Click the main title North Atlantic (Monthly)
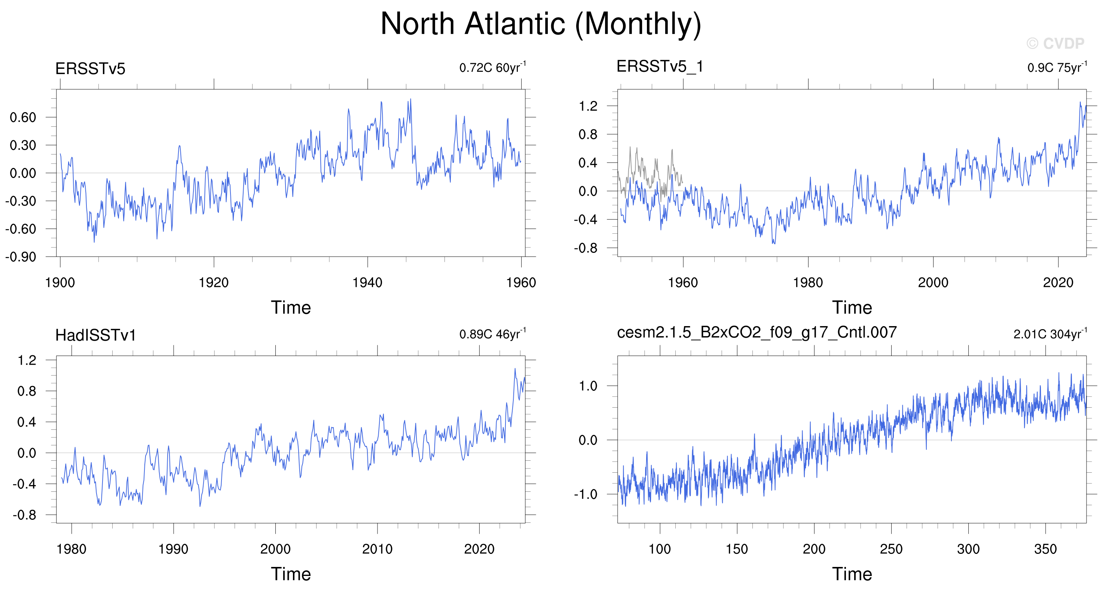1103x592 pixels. point(541,24)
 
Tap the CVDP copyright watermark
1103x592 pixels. point(1055,43)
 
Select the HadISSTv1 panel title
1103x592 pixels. point(95,335)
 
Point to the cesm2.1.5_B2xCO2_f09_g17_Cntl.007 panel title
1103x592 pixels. point(757,332)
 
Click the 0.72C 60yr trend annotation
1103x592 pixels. point(492,67)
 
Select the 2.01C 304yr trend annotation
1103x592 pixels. point(1050,334)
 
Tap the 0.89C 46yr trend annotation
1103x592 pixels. point(492,334)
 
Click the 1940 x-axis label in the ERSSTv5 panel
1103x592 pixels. point(367,282)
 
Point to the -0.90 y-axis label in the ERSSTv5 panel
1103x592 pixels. point(21,257)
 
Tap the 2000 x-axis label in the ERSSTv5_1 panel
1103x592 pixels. point(933,282)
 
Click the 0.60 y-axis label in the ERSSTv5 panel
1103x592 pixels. point(23,117)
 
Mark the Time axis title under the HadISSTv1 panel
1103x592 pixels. point(291,574)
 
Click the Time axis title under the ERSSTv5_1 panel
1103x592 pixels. point(852,308)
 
